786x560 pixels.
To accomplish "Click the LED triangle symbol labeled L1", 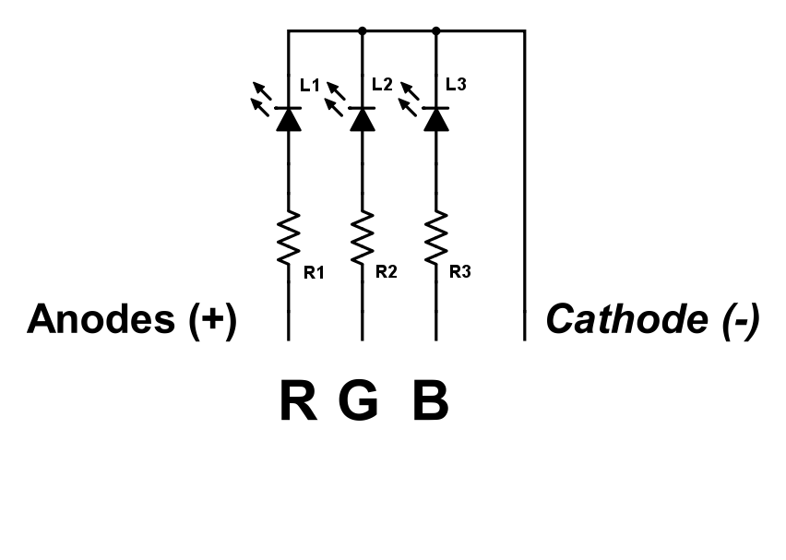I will [289, 118].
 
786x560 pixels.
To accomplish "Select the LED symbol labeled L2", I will [363, 118].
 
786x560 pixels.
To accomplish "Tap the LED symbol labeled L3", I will [436, 118].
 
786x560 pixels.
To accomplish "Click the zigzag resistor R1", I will [289, 237].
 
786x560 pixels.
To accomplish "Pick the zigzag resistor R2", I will [363, 237].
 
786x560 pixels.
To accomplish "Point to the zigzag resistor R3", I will [436, 237].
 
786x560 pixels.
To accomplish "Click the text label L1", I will [310, 86].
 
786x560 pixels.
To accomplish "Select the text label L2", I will [382, 85].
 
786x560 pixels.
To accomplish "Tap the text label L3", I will [456, 85].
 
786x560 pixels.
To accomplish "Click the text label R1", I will [314, 272].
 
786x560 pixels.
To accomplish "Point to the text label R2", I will [386, 272].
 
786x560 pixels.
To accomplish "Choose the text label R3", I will [459, 272].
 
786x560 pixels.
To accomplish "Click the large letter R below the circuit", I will [297, 402].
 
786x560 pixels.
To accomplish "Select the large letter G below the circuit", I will [358, 402].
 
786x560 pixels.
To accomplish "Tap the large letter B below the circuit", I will [430, 402].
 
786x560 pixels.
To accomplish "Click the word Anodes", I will [101, 320].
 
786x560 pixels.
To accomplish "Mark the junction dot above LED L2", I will [363, 30].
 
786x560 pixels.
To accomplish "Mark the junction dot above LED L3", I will [436, 30].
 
